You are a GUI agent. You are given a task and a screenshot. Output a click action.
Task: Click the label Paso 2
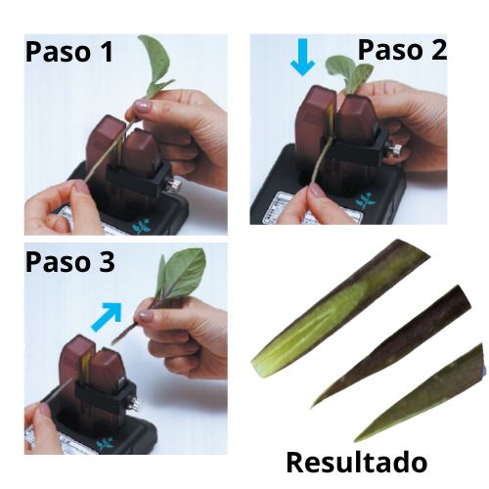tap(402, 50)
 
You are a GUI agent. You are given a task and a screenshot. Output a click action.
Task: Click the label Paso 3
tap(69, 262)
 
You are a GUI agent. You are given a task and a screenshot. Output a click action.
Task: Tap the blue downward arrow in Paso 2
tap(302, 61)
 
